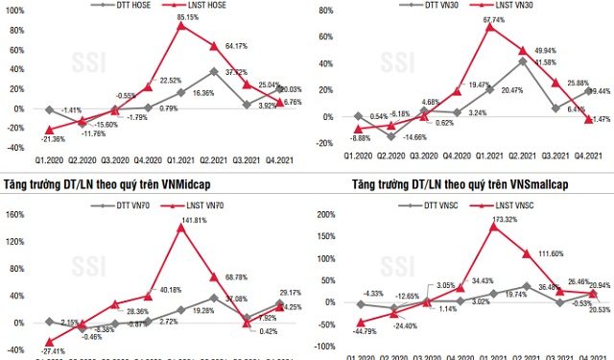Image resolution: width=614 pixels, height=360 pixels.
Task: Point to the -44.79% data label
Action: tap(341, 333)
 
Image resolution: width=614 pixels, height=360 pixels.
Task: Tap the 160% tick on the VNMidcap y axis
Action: tap(13, 215)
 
